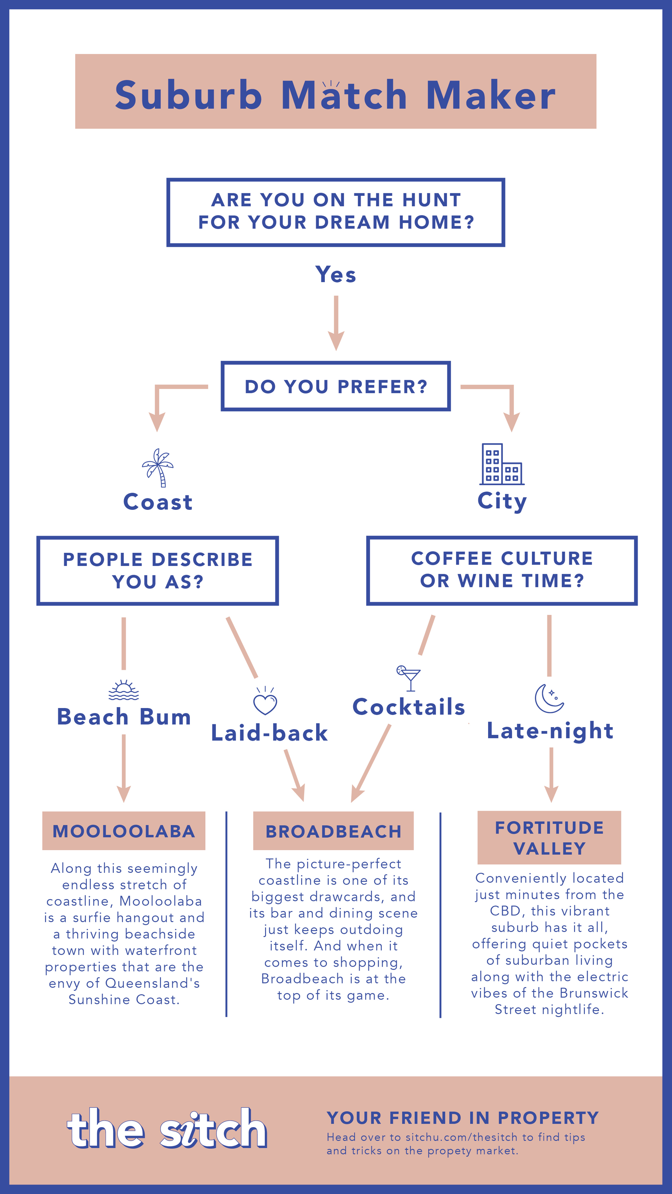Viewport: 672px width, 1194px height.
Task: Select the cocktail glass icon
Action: [x=408, y=679]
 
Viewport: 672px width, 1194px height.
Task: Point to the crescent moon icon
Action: [x=549, y=698]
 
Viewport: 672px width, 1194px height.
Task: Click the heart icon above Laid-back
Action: [x=265, y=701]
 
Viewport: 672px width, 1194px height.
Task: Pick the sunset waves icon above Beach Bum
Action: [x=123, y=690]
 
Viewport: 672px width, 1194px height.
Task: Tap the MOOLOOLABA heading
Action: [x=124, y=831]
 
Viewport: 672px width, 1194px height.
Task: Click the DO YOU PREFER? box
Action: [x=336, y=386]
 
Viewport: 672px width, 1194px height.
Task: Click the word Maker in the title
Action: [x=491, y=96]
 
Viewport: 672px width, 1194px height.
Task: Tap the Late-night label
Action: [x=550, y=732]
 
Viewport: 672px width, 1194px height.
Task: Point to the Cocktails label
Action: [x=408, y=707]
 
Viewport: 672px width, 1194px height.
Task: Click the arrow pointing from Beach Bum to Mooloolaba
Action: [x=123, y=768]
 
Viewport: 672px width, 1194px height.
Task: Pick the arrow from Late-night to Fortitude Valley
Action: [x=551, y=775]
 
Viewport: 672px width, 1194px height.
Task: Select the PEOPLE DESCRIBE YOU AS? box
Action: [x=158, y=571]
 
